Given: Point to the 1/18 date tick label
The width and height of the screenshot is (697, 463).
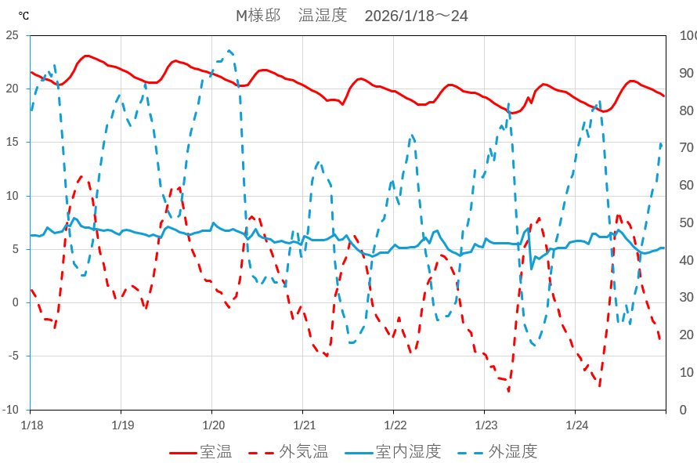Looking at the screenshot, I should pos(31,425).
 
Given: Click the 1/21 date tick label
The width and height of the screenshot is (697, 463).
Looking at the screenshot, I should pos(303,425).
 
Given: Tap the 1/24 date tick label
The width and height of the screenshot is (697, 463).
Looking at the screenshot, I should pos(576,425).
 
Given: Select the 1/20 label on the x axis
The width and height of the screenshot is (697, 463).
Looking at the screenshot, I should pos(212,425).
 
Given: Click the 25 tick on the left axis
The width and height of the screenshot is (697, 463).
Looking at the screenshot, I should pos(12,35).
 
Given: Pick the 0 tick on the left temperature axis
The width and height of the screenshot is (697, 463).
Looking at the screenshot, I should pos(15,303).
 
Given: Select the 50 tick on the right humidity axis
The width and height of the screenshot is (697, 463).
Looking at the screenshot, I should pos(684,222).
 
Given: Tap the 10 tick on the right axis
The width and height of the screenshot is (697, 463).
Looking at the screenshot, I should pos(684,372).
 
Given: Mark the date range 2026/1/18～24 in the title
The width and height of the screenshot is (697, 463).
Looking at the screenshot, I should pos(417,16).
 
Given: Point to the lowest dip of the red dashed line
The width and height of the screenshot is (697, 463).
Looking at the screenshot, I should pos(508,390).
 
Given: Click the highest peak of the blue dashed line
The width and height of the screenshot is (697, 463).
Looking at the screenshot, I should pos(230,51).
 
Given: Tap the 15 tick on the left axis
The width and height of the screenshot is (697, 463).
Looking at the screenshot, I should pos(12,143).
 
